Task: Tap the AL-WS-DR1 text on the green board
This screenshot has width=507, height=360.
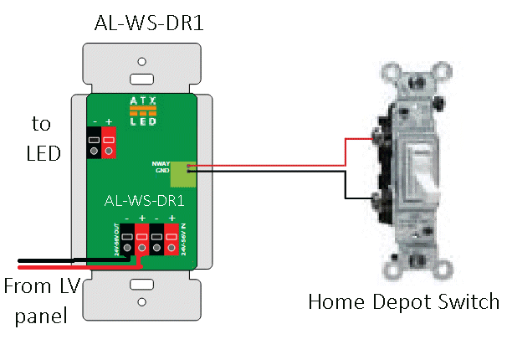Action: point(143,202)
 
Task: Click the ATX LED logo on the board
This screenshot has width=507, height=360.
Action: point(142,111)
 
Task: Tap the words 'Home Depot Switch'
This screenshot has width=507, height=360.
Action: point(402,301)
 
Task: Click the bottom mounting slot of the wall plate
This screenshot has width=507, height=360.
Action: point(142,289)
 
